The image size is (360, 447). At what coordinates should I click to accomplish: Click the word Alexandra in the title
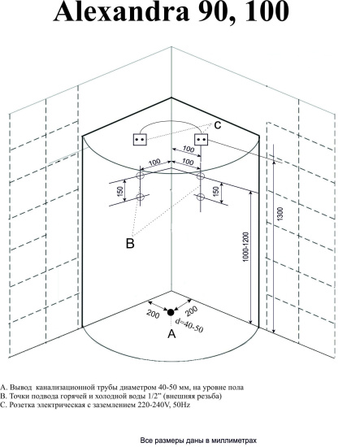pos(121,11)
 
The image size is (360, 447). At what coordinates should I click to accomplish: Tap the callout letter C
pos(218,125)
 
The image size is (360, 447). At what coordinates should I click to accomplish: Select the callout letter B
pos(130,244)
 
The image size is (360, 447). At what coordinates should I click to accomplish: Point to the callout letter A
pos(171,333)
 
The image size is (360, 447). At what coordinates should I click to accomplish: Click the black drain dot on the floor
pos(171,312)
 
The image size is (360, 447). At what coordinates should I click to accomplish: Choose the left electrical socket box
pos(140,140)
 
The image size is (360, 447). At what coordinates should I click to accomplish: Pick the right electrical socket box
pos(202,140)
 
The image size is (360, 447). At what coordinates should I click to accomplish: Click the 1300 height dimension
pos(280,214)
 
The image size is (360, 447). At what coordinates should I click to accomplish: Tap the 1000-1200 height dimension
pos(245,247)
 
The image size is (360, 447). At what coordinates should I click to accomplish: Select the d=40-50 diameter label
pos(189,326)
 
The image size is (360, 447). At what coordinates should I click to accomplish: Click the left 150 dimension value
pos(120,191)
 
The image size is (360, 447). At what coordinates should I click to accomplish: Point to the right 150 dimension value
pos(216,191)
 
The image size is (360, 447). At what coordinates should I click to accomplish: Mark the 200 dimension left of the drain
pos(153,314)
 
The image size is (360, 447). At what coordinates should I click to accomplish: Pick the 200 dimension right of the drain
pos(191,311)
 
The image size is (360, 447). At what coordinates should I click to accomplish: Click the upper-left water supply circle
pos(141,176)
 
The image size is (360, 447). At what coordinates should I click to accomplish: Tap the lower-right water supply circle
pos(201,197)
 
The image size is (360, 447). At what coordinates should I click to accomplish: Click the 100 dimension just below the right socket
pos(188,149)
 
